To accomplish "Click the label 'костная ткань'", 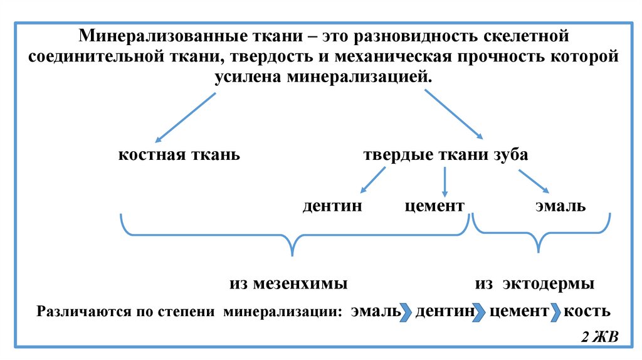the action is [179, 155].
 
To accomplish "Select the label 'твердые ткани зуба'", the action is [446, 155].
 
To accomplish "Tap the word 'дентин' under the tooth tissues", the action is [332, 206].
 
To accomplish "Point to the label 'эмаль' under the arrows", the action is [560, 206].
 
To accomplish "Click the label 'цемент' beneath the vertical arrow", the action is [434, 206].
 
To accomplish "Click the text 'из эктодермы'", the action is [535, 283].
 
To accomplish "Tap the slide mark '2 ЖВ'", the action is [599, 337].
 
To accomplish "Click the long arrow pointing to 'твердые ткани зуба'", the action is [454, 114].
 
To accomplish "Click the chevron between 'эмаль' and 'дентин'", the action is [406, 312].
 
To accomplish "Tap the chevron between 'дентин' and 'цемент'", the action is [480, 312].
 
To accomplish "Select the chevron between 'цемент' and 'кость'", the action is [555, 312].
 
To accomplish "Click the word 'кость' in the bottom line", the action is [587, 311].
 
